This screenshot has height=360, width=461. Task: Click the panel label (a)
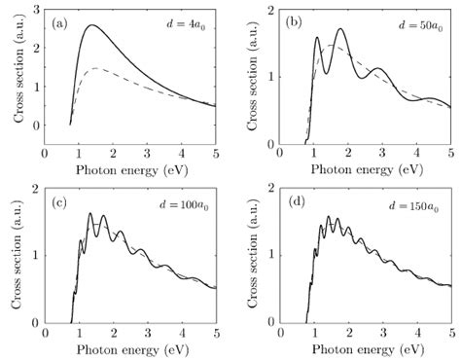point(58,21)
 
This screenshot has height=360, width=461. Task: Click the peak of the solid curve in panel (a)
point(91,26)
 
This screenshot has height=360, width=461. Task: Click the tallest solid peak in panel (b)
point(339,29)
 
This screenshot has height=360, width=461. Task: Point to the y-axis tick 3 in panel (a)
point(35,10)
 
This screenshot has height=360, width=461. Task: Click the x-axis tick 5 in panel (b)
point(449,155)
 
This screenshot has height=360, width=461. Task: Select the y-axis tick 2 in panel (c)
point(35,189)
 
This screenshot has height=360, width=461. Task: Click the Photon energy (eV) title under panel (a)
point(130,168)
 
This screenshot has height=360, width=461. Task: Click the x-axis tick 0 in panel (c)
point(44,334)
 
